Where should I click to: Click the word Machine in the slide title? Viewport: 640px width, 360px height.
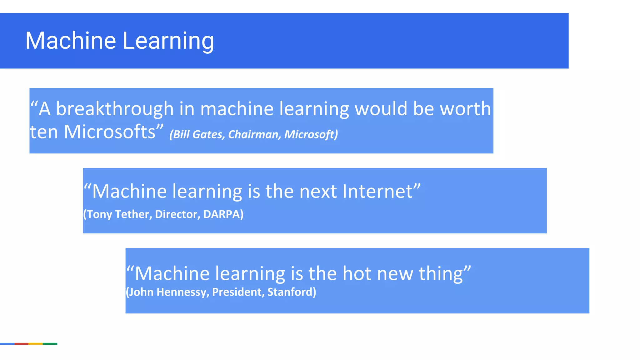pyautogui.click(x=71, y=41)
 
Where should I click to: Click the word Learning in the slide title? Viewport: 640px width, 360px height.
pyautogui.click(x=168, y=41)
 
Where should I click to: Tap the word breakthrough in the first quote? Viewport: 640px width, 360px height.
pyautogui.click(x=115, y=109)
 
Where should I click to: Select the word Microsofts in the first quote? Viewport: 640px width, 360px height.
pyautogui.click(x=109, y=132)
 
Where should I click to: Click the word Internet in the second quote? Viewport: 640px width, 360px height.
pyautogui.click(x=377, y=191)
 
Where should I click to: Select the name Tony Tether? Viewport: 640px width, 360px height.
pyautogui.click(x=118, y=214)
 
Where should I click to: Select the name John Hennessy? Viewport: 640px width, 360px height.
pyautogui.click(x=167, y=292)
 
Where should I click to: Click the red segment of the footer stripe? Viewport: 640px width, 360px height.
pyautogui.click(x=21, y=344)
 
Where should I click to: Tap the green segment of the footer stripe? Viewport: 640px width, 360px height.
pyautogui.click(x=50, y=344)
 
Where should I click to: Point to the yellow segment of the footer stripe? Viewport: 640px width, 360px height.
pyautogui.click(x=36, y=344)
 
